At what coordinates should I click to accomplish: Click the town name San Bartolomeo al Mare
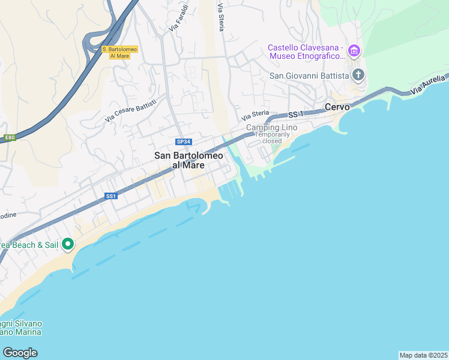pos(189,160)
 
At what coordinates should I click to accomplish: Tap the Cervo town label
pos(337,107)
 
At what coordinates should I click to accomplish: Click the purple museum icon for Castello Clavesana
pos(354,52)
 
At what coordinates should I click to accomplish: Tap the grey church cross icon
pos(358,75)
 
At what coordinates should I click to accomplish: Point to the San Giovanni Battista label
pos(309,76)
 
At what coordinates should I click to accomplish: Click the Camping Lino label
pos(272,128)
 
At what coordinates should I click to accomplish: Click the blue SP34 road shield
pos(183,142)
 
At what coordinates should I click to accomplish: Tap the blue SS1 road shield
pos(110,196)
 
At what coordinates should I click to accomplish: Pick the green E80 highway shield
pos(9,137)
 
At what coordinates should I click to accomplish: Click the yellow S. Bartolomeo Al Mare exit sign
pos(120,52)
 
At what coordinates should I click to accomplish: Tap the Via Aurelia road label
pos(429,85)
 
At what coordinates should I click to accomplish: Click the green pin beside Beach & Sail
pos(68,244)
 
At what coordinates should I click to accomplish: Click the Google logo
pos(19,352)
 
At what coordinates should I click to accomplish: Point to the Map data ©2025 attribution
pos(423,355)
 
